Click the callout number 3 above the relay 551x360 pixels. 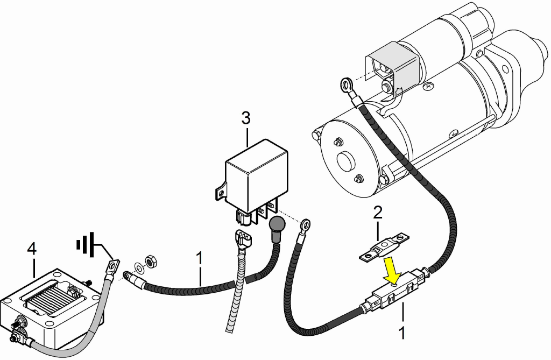[x=246, y=118]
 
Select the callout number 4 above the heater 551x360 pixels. [x=32, y=249]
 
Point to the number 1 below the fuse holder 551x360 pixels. [x=402, y=333]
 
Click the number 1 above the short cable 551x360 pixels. [x=199, y=258]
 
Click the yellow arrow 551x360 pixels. [x=393, y=270]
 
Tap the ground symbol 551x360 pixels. [x=86, y=243]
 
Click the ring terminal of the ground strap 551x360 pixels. [x=113, y=265]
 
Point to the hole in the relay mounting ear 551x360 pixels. [x=221, y=193]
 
